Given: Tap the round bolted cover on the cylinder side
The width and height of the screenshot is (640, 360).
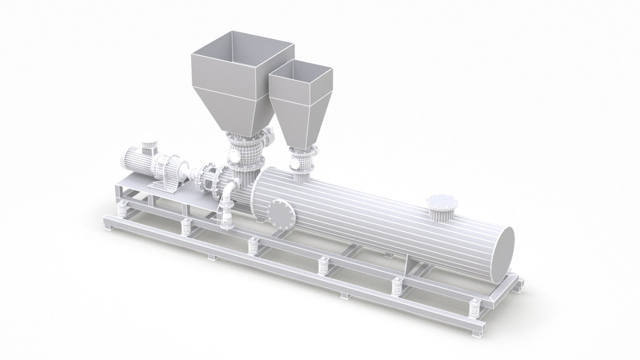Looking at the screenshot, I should tap(282, 215).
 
